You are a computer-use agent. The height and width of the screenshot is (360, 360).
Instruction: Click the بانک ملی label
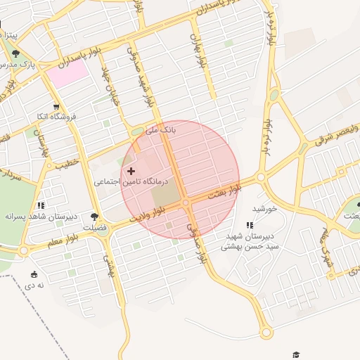[x=162, y=130]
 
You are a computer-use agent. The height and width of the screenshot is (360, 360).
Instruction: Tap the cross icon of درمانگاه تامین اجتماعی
[x=131, y=171]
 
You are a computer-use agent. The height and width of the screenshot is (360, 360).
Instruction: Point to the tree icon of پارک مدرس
[x=16, y=53]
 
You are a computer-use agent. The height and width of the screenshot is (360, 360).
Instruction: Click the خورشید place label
[x=266, y=209]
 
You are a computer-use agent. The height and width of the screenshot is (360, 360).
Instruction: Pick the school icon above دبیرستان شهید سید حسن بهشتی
[x=250, y=225]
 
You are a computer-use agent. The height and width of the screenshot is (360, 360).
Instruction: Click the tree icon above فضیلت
[x=95, y=217]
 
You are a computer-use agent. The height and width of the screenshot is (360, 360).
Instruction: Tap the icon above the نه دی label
[x=34, y=274]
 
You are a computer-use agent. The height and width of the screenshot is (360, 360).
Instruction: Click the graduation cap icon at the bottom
[x=296, y=354]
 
